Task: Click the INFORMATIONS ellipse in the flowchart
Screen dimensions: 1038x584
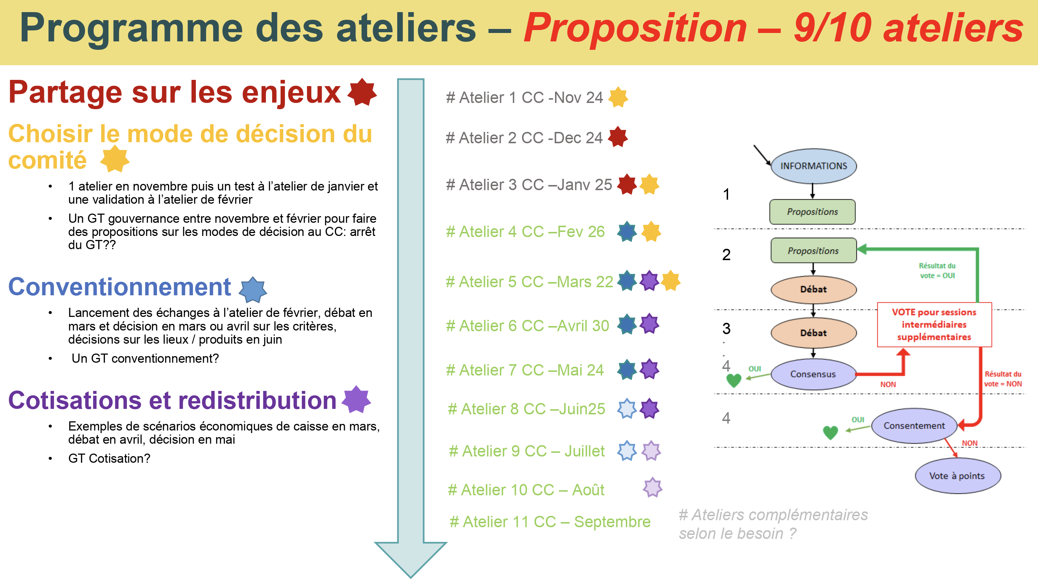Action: pyautogui.click(x=814, y=166)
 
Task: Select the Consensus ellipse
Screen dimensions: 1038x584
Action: pyautogui.click(x=813, y=374)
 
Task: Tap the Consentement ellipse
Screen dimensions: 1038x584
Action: pyautogui.click(x=914, y=425)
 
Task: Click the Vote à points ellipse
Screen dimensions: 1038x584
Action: pyautogui.click(x=957, y=476)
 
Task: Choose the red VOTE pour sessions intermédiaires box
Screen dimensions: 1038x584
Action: pyautogui.click(x=934, y=324)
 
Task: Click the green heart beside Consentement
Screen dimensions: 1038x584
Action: pyautogui.click(x=830, y=433)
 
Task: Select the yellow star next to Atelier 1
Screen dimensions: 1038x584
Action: pyautogui.click(x=618, y=97)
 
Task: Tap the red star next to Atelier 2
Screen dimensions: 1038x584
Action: pyautogui.click(x=618, y=137)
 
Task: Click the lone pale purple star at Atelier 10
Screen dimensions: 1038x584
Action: pyautogui.click(x=653, y=487)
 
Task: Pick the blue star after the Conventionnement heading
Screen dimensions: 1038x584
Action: pyautogui.click(x=253, y=289)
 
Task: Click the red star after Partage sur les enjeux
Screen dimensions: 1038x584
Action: pyautogui.click(x=362, y=92)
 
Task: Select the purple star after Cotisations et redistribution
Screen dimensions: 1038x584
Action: pyautogui.click(x=356, y=399)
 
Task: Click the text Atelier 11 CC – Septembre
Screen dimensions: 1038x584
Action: pyautogui.click(x=550, y=522)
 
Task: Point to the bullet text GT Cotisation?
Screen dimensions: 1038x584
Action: pyautogui.click(x=109, y=458)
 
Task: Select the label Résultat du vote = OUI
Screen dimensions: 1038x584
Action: pyautogui.click(x=937, y=270)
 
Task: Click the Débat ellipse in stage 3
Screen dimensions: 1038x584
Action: pyautogui.click(x=813, y=333)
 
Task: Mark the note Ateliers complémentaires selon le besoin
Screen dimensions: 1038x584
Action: pyautogui.click(x=773, y=524)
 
